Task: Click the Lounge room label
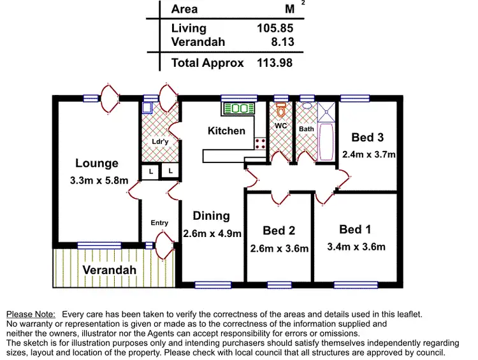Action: point(97,164)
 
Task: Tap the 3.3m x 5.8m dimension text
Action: point(99,181)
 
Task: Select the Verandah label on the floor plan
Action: point(110,270)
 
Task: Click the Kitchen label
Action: point(226,131)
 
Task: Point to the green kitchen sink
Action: point(238,109)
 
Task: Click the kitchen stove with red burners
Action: point(260,143)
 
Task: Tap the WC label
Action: point(280,126)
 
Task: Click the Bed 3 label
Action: point(367,138)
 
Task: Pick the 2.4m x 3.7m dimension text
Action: point(369,154)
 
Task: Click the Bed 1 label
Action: point(355,229)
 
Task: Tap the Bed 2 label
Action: point(279,231)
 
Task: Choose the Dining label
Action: point(212,216)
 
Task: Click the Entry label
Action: point(159,223)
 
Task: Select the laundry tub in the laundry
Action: point(147,108)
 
